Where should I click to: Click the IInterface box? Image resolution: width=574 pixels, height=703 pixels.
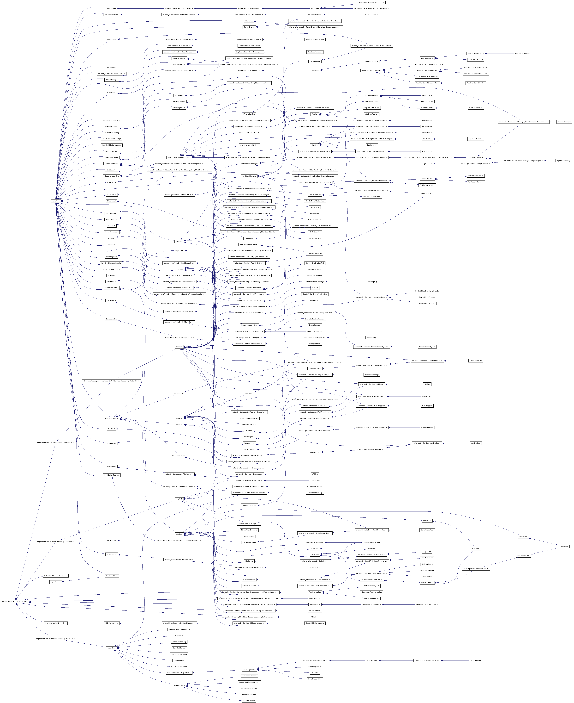pyautogui.click(x=56, y=201)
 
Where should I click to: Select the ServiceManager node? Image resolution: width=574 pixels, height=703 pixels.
pyautogui.click(x=564, y=122)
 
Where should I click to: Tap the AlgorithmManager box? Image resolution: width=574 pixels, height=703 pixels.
pyautogui.click(x=564, y=160)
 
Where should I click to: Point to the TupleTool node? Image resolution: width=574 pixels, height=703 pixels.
pyautogui.click(x=564, y=546)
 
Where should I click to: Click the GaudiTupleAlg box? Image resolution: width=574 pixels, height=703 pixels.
pyautogui.click(x=475, y=660)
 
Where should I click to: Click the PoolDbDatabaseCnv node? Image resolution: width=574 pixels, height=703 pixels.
pyautogui.click(x=523, y=53)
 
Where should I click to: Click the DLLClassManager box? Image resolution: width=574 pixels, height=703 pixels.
pyautogui.click(x=314, y=52)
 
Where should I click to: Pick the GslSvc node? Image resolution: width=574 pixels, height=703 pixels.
pyautogui.click(x=427, y=384)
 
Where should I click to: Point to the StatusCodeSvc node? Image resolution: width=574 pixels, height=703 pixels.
pyautogui.click(x=427, y=427)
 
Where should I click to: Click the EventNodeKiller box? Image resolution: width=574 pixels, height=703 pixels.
pyautogui.click(x=314, y=679)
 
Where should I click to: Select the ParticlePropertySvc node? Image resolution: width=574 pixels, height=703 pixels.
pyautogui.click(x=427, y=347)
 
